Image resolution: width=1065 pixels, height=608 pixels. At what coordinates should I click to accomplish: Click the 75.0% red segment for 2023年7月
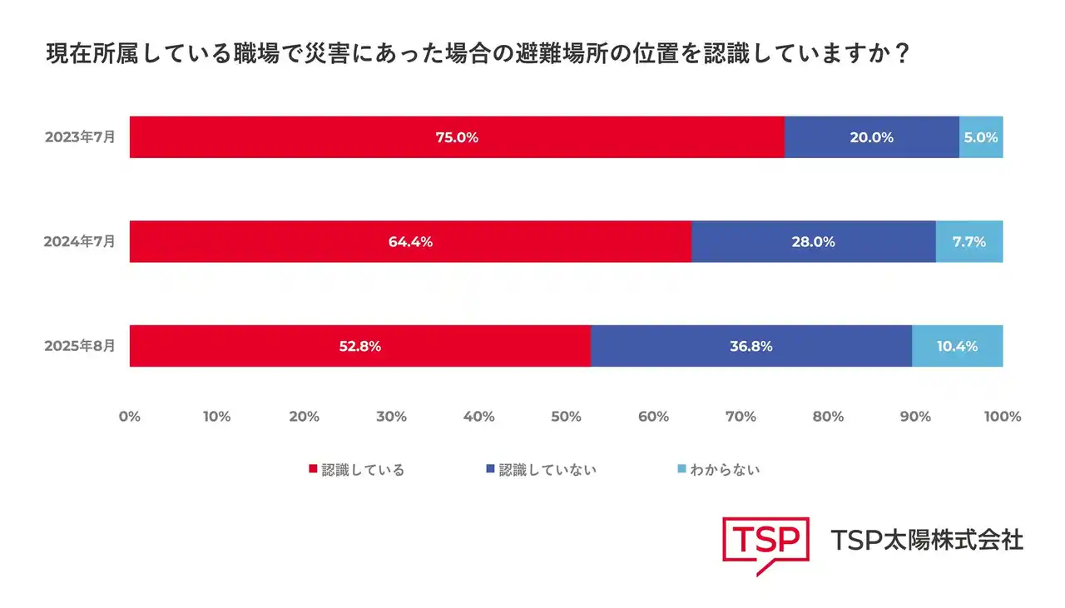(457, 137)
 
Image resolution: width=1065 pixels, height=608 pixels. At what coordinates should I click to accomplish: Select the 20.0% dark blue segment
(871, 137)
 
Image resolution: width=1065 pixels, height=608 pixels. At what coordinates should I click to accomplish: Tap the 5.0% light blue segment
(981, 137)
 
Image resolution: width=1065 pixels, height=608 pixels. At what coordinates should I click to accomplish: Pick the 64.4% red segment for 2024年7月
(410, 242)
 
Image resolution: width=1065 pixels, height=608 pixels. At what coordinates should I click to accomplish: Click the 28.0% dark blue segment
(813, 242)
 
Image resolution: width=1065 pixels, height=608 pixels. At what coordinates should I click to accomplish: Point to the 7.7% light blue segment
(969, 242)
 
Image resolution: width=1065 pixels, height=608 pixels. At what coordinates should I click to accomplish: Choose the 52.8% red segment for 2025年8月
(360, 346)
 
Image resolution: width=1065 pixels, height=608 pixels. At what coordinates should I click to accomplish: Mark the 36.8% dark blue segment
(750, 346)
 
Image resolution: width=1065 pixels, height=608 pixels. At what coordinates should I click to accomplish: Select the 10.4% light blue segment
(958, 346)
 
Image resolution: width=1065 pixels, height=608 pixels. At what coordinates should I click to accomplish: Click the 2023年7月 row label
(80, 137)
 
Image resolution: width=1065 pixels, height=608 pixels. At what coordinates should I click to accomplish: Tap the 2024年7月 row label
(80, 242)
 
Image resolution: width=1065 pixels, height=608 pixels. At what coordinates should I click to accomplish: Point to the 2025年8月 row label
(80, 346)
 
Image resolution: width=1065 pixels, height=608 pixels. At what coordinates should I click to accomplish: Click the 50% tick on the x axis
(566, 416)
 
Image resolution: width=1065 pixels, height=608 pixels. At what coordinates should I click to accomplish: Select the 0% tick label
(130, 416)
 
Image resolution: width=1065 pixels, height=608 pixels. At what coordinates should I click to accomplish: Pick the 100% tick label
(1002, 416)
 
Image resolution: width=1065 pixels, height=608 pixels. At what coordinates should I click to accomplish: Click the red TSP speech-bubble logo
(765, 545)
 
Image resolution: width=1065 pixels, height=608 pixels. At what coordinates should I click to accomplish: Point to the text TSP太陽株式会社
(927, 540)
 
